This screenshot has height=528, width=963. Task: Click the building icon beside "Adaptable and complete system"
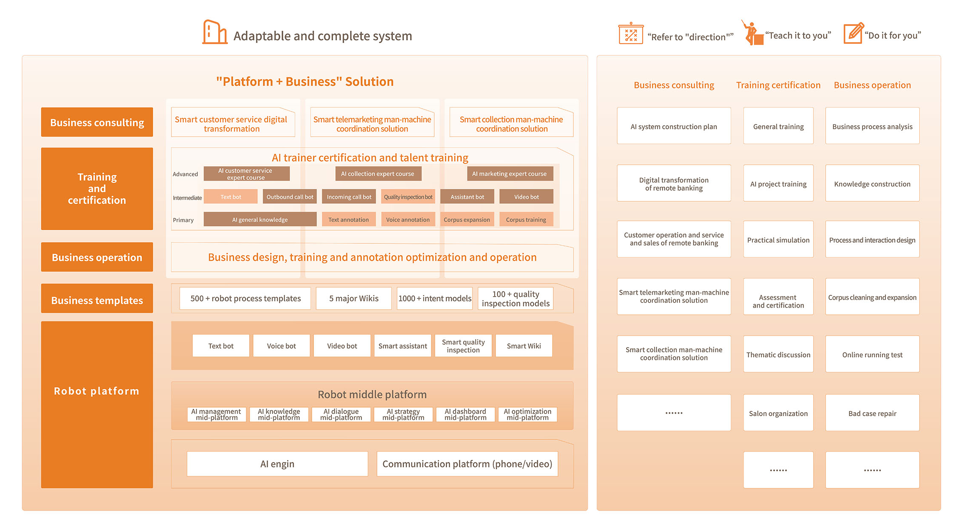pyautogui.click(x=214, y=32)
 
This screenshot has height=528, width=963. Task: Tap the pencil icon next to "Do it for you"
pyautogui.click(x=853, y=33)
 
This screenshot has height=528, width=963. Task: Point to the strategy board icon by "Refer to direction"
pyautogui.click(x=631, y=34)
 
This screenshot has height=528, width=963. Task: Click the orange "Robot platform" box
pyautogui.click(x=97, y=404)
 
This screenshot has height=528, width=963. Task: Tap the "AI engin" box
pyautogui.click(x=277, y=464)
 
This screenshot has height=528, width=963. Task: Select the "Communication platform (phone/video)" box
pyautogui.click(x=467, y=464)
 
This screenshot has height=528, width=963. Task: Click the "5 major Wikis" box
pyautogui.click(x=353, y=298)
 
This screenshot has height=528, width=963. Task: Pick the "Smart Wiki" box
pyautogui.click(x=524, y=345)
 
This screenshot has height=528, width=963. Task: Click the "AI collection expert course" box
pyautogui.click(x=377, y=174)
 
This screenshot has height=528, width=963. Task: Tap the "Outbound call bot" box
pyautogui.click(x=290, y=197)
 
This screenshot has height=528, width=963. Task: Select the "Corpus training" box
pyautogui.click(x=526, y=220)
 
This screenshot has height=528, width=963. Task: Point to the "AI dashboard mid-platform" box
pyautogui.click(x=465, y=414)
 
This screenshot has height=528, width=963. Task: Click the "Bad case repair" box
pyautogui.click(x=872, y=413)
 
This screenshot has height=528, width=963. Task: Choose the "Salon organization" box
pyautogui.click(x=778, y=413)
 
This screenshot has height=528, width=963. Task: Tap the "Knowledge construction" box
pyautogui.click(x=872, y=183)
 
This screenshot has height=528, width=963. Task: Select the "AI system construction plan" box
pyautogui.click(x=674, y=126)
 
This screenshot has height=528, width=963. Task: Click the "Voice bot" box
pyautogui.click(x=281, y=345)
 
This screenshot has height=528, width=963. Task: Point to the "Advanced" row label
pyautogui.click(x=185, y=174)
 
